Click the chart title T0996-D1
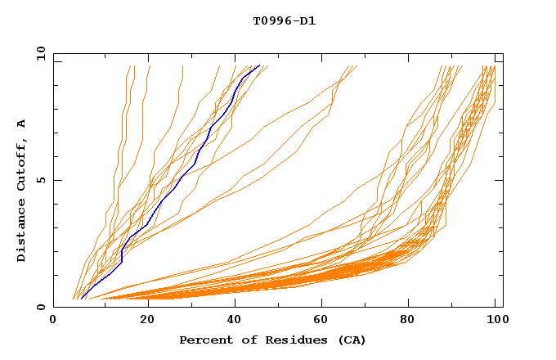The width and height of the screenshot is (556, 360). [x=284, y=20]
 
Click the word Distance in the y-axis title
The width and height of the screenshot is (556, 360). [x=22, y=234]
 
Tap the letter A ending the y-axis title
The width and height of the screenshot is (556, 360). [x=22, y=124]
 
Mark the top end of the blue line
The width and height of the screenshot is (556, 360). [x=259, y=65]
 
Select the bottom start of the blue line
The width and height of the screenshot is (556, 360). [x=81, y=299]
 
